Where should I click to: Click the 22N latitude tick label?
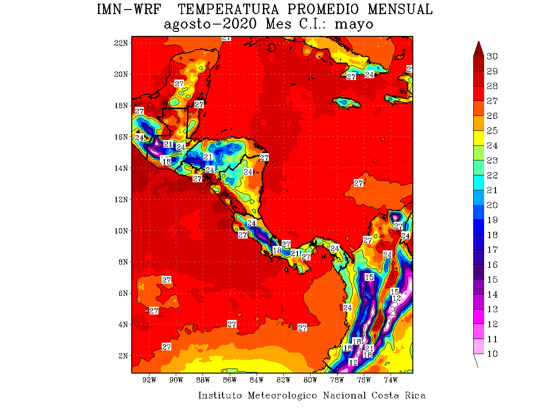click(120, 43)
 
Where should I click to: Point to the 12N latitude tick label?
click(120, 199)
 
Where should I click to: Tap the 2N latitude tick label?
click(122, 355)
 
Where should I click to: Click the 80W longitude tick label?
click(310, 380)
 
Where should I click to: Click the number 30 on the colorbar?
click(492, 56)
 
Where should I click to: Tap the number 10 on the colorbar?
click(492, 354)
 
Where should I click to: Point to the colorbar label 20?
click(492, 205)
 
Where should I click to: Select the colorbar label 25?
click(492, 131)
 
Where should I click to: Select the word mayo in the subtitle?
click(354, 24)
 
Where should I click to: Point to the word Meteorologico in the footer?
click(282, 395)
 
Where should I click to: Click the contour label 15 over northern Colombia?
click(369, 277)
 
